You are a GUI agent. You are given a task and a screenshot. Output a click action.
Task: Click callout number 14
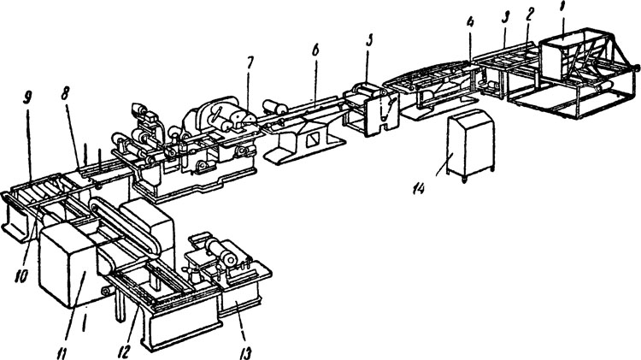(x=418, y=188)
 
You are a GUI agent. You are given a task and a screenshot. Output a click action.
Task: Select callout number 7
(x=250, y=62)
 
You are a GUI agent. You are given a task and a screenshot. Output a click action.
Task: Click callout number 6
(x=315, y=51)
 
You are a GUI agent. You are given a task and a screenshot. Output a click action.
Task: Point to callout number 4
(x=471, y=22)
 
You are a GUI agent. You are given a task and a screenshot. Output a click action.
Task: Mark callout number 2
(x=529, y=15)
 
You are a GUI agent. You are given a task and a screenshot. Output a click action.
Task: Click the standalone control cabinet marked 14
(x=471, y=145)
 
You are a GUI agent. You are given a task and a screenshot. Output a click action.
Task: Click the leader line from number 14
(x=443, y=165)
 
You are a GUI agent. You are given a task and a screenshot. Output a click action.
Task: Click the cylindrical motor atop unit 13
(x=221, y=251)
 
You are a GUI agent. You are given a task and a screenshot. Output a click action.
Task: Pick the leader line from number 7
(x=248, y=93)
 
